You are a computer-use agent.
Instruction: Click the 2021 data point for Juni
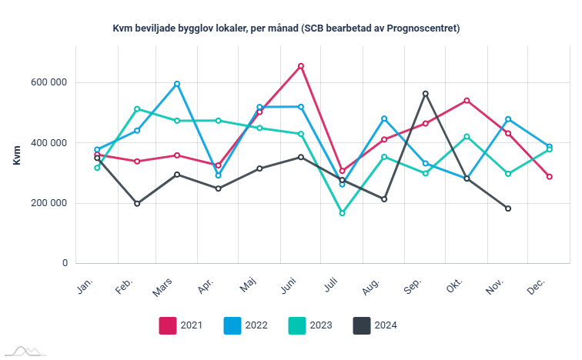(x=301, y=66)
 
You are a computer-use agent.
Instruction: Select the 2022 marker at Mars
(x=178, y=84)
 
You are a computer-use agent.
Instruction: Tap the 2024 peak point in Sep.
(x=426, y=94)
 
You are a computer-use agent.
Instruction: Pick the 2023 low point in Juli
(x=343, y=213)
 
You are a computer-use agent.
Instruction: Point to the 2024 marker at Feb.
(x=137, y=204)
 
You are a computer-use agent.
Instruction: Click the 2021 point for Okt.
(x=467, y=101)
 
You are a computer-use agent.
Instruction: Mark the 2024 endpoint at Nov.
(x=508, y=208)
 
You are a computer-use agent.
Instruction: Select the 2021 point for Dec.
(x=550, y=177)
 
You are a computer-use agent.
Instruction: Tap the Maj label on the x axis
(x=248, y=286)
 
